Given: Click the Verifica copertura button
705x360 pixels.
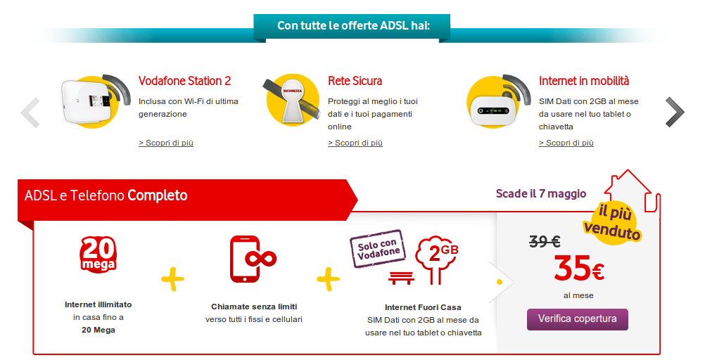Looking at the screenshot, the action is [x=578, y=319].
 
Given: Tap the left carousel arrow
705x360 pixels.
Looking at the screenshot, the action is [x=30, y=112].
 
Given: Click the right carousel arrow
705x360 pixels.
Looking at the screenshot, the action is [x=675, y=112].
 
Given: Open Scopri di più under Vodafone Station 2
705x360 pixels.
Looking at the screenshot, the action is [x=166, y=143].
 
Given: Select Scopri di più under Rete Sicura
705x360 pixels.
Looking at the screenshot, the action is [x=355, y=143].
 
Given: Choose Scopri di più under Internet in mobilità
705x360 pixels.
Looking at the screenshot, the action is [x=566, y=143].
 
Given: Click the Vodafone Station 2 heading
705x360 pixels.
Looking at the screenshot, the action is [x=184, y=81].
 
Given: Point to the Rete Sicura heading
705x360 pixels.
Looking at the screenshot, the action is [x=355, y=81].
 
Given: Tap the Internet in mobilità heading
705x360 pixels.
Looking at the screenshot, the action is [x=583, y=81].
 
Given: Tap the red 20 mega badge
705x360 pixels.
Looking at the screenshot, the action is [x=98, y=254].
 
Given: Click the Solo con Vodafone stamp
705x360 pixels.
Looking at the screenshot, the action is [x=378, y=248].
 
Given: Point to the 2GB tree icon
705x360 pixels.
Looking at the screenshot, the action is [x=436, y=259].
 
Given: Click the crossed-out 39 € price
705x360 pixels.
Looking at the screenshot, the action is [x=545, y=242].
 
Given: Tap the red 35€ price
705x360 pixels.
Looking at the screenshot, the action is [x=578, y=268].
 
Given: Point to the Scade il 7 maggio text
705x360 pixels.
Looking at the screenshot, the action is [x=541, y=193].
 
